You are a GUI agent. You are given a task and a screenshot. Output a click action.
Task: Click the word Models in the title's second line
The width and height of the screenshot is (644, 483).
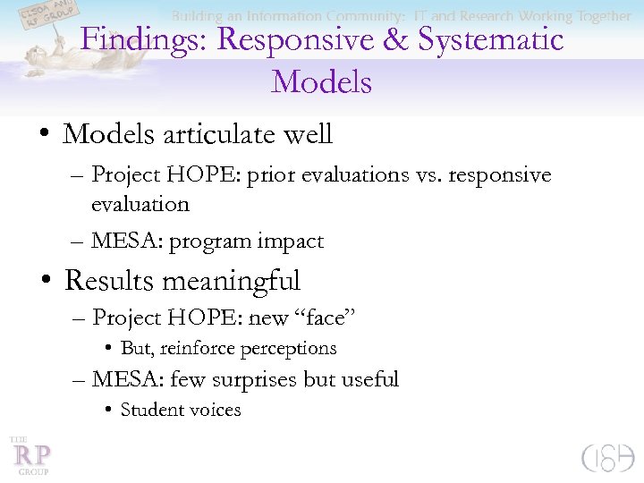321,82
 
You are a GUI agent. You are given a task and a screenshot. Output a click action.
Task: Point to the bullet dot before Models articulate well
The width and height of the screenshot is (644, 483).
43,136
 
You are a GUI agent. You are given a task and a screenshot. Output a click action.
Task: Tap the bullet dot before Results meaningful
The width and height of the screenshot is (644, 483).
43,282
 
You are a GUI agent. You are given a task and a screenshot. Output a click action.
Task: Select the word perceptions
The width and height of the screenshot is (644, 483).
293,349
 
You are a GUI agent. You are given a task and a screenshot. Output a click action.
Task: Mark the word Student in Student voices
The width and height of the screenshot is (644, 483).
150,410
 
